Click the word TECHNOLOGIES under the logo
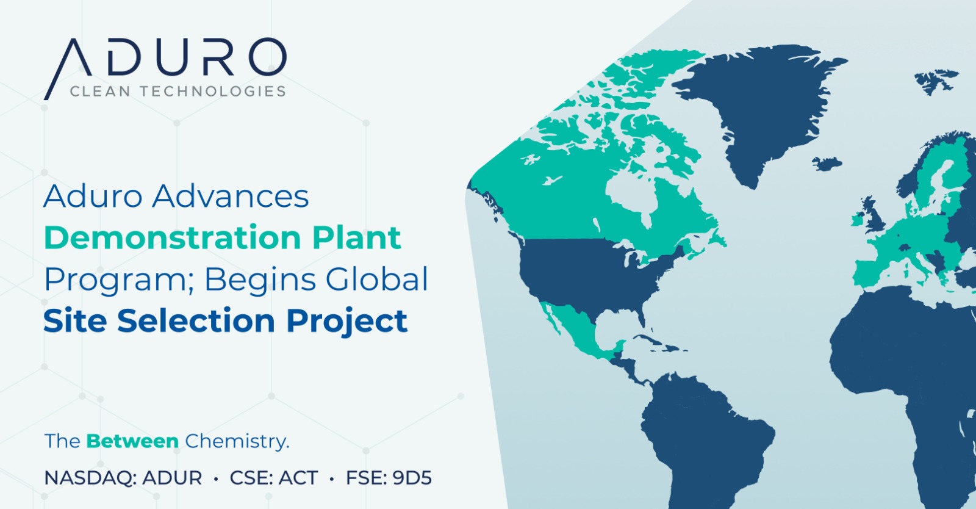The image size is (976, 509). point(213,92)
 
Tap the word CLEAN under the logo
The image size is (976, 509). point(100,92)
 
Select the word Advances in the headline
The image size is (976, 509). point(231,196)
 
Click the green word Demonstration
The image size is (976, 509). point(173,237)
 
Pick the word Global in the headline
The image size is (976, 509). point(377,279)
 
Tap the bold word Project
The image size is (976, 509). point(347,322)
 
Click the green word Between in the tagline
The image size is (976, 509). point(132,441)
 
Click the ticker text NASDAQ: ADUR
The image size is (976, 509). point(123,478)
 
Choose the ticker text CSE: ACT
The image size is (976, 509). point(274,478)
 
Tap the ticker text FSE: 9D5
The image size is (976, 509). point(389,478)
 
